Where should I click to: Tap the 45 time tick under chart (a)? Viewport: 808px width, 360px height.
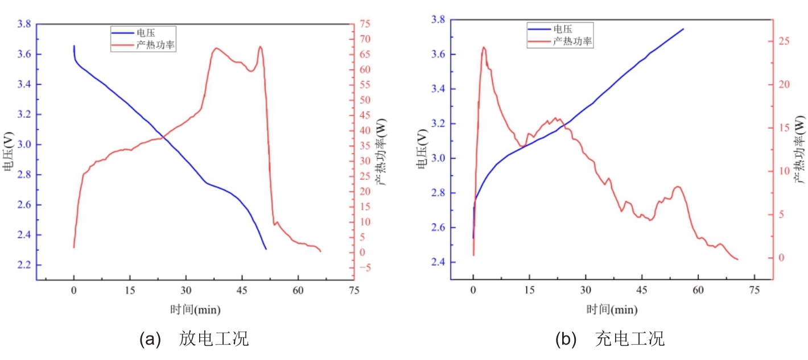pos(242,290)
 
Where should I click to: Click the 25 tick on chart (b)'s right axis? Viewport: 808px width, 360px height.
pos(785,41)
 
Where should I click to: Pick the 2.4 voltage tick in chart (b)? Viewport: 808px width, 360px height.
pos(437,262)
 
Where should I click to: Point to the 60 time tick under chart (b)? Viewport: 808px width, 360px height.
pos(698,290)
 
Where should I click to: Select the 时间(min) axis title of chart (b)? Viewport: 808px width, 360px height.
pos(612,310)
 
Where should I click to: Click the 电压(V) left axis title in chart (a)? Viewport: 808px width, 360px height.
pos(8,151)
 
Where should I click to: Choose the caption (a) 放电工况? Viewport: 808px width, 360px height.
pos(194,340)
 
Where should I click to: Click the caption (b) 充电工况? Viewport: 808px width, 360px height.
pos(610,340)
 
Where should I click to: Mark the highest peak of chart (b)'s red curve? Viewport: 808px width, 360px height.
pos(484,47)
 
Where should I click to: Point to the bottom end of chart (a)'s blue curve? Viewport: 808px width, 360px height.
pos(266,249)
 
